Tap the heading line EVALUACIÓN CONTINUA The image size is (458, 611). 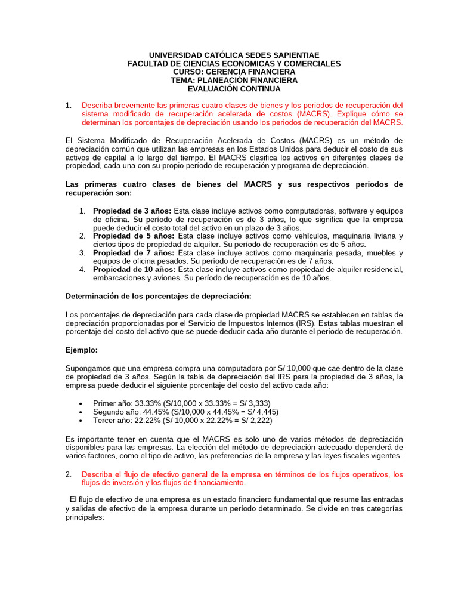click(234, 88)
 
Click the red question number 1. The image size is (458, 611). click(69, 106)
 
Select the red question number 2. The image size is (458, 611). click(69, 474)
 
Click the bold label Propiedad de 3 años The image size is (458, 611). click(132, 211)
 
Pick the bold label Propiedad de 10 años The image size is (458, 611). click(134, 270)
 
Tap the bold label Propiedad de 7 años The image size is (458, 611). click(132, 253)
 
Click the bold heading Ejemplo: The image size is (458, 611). click(81, 350)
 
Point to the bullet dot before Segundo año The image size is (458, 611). click(81, 412)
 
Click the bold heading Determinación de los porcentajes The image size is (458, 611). click(158, 296)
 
